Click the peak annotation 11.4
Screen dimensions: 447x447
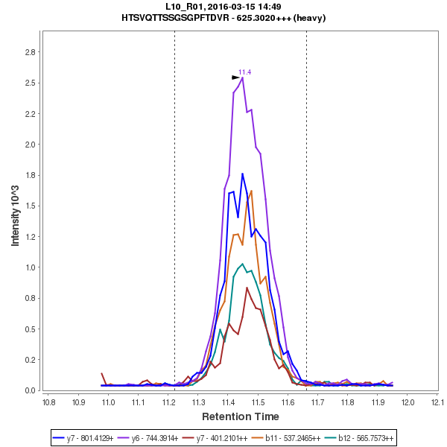click(x=244, y=72)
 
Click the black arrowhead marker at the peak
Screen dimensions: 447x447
click(x=235, y=77)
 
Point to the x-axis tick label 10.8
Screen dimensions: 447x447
click(x=48, y=403)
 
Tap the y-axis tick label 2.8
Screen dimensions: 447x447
click(x=30, y=52)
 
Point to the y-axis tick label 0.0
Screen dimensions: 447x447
click(x=30, y=390)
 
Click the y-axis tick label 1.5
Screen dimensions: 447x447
click(x=30, y=206)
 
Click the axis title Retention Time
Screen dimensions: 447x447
click(x=241, y=416)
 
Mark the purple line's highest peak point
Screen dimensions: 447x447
click(x=243, y=77)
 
